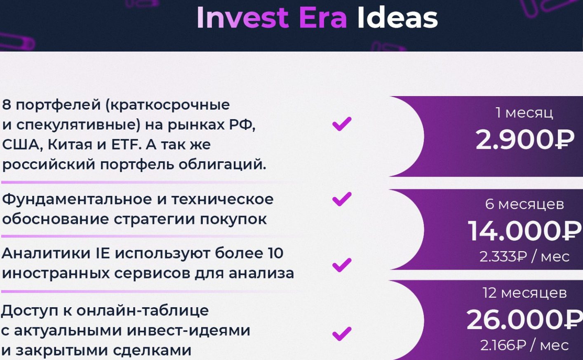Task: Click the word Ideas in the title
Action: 397,18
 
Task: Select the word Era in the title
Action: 323,18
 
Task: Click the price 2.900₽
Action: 524,139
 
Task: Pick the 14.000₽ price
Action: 524,231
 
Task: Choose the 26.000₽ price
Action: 524,320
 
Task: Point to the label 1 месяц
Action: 524,113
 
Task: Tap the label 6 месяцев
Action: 524,204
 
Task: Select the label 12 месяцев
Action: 524,293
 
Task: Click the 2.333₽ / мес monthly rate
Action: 524,256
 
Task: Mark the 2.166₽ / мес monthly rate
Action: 524,345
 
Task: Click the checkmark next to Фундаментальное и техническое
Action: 342,199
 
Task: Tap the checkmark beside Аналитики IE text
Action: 342,265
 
